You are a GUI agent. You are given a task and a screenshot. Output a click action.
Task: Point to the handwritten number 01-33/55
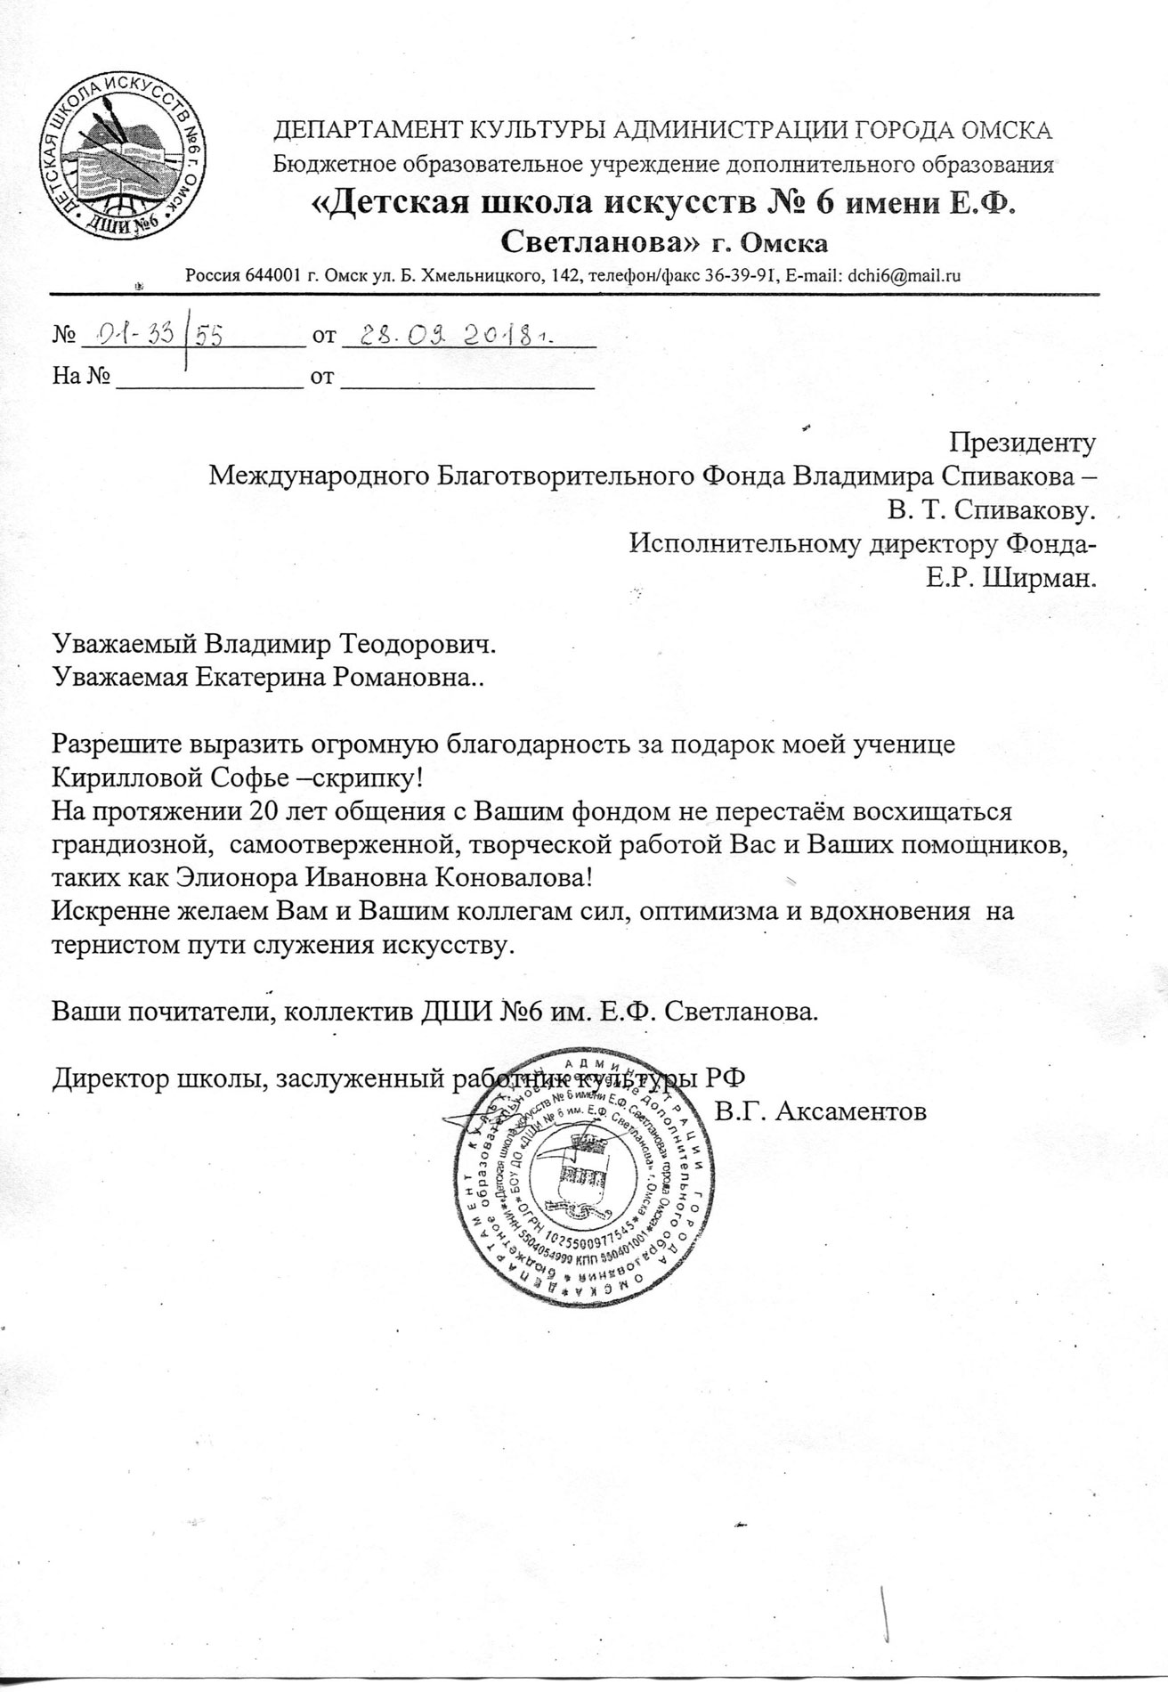(x=151, y=335)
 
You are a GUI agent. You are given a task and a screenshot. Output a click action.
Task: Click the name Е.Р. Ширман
(x=1010, y=579)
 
